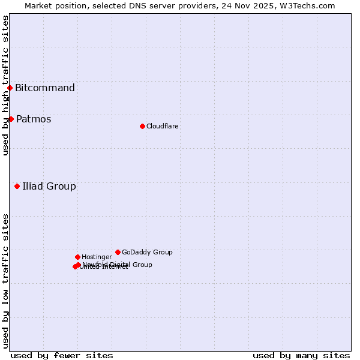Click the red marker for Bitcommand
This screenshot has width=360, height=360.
click(x=10, y=88)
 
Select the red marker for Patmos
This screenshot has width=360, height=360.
click(x=11, y=119)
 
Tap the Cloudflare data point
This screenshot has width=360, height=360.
click(x=142, y=126)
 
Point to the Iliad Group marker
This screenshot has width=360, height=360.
click(x=17, y=186)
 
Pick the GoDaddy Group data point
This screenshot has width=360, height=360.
click(x=118, y=252)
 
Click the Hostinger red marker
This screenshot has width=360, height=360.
click(x=77, y=257)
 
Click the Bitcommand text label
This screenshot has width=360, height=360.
click(x=45, y=88)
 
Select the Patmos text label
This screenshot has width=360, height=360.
click(x=34, y=119)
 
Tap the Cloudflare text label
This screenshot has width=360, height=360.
click(x=163, y=126)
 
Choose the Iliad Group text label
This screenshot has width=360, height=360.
click(x=49, y=186)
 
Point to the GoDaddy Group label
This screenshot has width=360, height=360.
click(x=147, y=252)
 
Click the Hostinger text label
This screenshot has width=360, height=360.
click(x=97, y=257)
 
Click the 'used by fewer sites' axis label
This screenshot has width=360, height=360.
click(x=62, y=355)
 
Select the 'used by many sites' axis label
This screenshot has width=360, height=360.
click(x=301, y=355)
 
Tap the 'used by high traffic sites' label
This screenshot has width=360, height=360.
click(x=5, y=85)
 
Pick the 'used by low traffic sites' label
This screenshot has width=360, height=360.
click(x=5, y=281)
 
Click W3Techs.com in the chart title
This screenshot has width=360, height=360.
click(x=310, y=5)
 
